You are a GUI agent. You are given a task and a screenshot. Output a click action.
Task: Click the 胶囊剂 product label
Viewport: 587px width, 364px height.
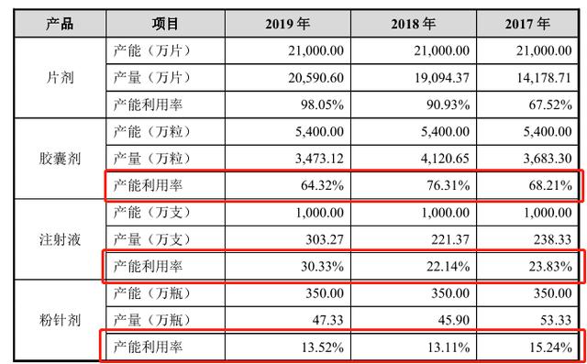point(60,159)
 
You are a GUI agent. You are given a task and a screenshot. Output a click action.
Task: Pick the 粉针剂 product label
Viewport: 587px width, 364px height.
point(60,323)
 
